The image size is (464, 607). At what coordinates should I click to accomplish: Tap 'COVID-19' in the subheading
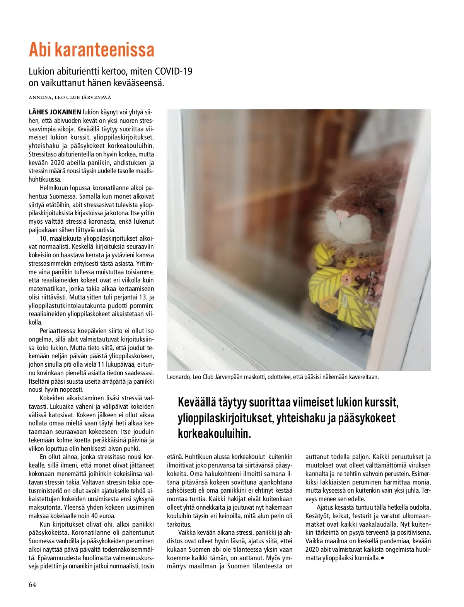(174, 71)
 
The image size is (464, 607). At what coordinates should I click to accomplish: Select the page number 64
(32, 584)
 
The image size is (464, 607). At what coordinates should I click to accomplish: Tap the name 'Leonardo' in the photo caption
(179, 377)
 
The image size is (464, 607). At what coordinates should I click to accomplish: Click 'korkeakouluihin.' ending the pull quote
(214, 433)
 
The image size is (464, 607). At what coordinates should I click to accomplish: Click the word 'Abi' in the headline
(40, 50)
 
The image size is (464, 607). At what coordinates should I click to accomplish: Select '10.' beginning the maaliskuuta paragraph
(44, 238)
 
